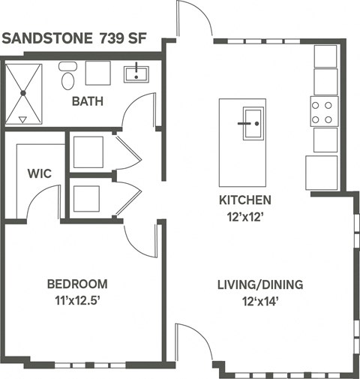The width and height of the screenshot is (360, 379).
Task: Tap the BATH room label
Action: tap(88, 101)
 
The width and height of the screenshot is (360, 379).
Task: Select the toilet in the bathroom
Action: tap(68, 77)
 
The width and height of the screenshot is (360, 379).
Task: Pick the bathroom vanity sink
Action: tap(136, 73)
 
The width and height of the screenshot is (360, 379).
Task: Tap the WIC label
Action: tap(39, 173)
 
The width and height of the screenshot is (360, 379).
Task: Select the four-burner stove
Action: tap(324, 112)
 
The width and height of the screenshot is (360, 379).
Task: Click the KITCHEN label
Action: tap(244, 200)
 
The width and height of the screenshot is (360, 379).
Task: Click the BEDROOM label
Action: tap(77, 284)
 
